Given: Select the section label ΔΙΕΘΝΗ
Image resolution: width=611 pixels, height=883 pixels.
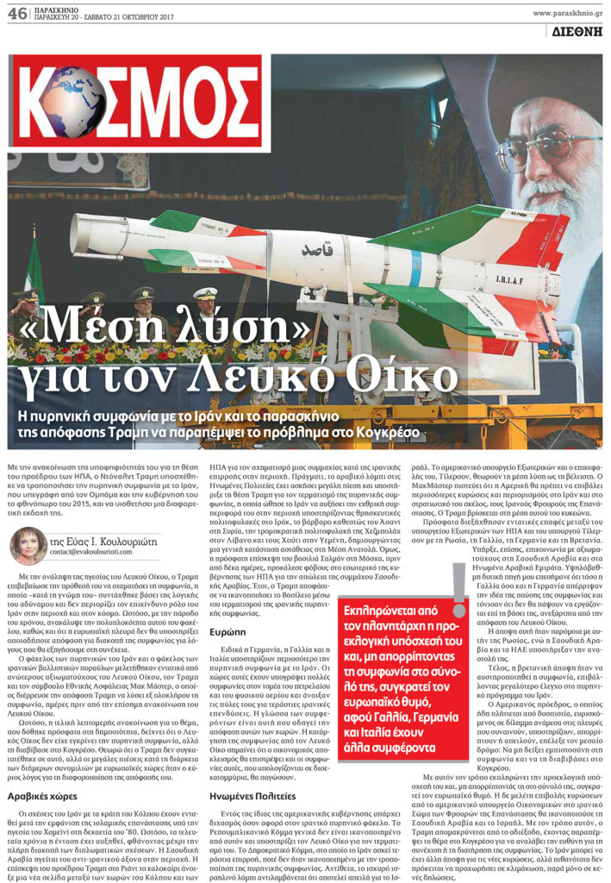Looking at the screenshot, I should [577, 31].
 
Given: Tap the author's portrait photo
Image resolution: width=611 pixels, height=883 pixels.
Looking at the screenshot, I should [28, 546].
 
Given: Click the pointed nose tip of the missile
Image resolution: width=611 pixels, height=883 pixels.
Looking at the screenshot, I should [75, 226].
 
